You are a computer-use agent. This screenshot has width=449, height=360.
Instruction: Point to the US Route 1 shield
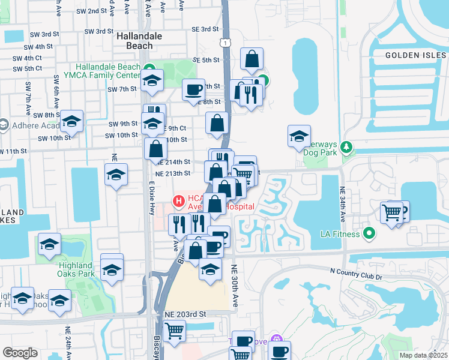point(224,43)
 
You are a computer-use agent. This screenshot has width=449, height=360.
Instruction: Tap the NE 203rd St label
point(185,314)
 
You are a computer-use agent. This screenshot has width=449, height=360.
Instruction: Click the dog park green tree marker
point(346,146)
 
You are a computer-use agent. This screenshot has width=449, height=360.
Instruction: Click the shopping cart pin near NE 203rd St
point(174,331)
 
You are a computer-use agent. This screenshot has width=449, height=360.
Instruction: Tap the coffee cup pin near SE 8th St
point(193,90)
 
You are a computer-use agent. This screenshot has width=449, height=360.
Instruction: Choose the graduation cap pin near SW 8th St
point(71,121)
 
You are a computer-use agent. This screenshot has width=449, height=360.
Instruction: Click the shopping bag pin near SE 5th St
point(253,59)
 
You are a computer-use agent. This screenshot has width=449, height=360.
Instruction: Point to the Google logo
point(20,353)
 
